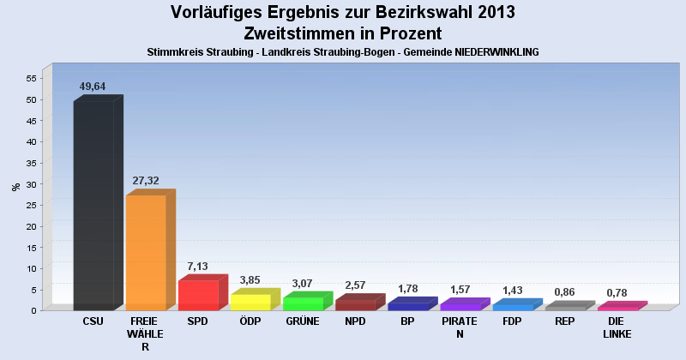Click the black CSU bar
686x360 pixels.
tap(93, 206)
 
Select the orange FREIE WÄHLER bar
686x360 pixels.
tap(146, 253)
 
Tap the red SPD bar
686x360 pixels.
tap(198, 295)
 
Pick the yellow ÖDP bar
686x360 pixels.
tap(250, 302)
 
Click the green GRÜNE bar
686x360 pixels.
tap(303, 303)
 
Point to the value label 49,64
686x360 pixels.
tap(93, 87)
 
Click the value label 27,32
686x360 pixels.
tap(146, 181)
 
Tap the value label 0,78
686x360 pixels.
tap(617, 293)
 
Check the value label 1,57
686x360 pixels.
tap(460, 290)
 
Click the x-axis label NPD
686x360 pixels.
tap(355, 321)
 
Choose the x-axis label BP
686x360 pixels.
tap(407, 321)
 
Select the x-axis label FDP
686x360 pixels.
tap(512, 321)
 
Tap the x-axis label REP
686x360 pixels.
tap(564, 321)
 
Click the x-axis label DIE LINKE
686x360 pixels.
tap(617, 327)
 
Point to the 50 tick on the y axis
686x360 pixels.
tap(31, 99)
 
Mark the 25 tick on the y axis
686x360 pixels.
tap(31, 205)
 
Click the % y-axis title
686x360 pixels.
tap(15, 186)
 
